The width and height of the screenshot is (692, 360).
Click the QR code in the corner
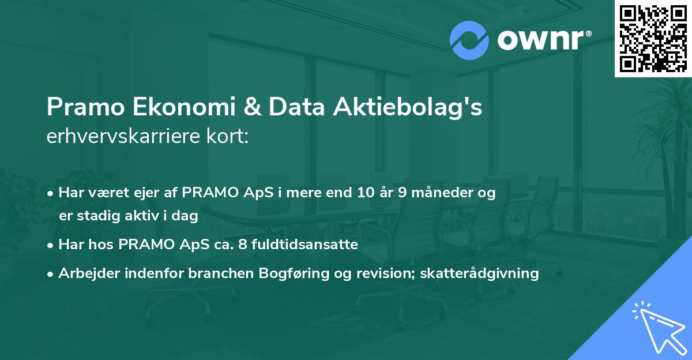point(653,39)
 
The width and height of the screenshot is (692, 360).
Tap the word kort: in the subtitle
point(228,137)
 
